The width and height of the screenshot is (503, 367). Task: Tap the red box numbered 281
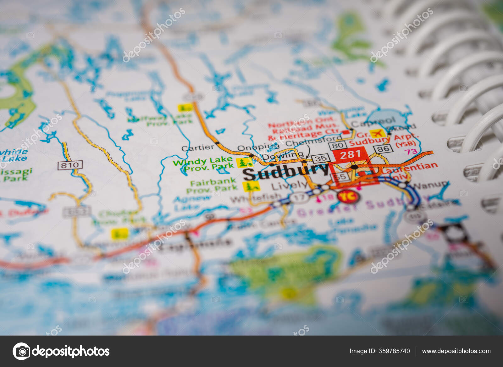(x=350, y=155)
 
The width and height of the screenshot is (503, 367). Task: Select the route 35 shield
(x=321, y=158)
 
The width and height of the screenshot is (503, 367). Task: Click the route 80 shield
(x=338, y=145)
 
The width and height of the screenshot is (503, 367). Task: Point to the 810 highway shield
(x=70, y=165)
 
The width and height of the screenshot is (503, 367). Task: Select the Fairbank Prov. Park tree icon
(x=251, y=186)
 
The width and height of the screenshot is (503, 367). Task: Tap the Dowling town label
(x=283, y=156)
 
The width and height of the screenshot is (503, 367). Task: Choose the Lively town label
(x=289, y=185)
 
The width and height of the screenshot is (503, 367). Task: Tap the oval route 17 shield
(x=300, y=198)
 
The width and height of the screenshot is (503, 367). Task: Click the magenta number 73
(x=411, y=152)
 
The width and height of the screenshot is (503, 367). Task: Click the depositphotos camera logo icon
(x=22, y=351)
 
